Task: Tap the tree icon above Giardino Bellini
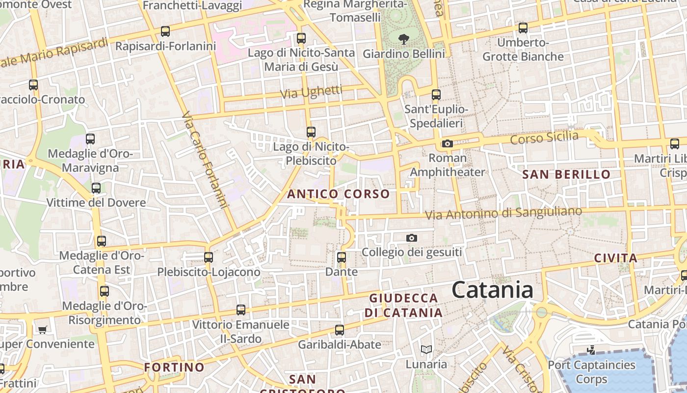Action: coord(403,38)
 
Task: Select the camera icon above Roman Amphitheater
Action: coord(447,144)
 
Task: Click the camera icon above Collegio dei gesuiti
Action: coord(412,238)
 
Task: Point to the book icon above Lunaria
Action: coord(426,350)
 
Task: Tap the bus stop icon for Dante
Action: coord(342,257)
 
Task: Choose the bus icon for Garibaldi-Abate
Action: coord(339,330)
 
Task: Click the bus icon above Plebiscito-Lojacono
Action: coord(209,257)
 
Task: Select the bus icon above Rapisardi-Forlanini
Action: coord(165,31)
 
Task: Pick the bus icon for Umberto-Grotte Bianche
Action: coord(523,28)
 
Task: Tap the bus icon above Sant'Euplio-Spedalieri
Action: coord(436,95)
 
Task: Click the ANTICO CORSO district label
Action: coord(338,194)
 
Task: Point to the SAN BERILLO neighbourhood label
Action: coord(566,174)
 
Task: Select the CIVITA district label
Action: coord(616,258)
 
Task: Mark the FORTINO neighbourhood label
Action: coord(174,367)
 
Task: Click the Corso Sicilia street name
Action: coord(544,138)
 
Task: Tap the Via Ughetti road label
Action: coord(311,92)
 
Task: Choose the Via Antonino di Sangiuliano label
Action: coord(503,213)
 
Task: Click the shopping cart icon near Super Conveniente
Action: coord(43,330)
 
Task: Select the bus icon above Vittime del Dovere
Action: coord(96,188)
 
